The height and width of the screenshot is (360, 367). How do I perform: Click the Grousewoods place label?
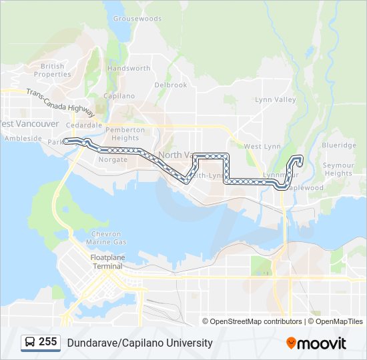137,19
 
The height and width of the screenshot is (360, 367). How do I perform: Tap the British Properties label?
53,70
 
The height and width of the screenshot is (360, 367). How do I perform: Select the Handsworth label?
129,69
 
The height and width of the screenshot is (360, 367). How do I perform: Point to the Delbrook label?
171,85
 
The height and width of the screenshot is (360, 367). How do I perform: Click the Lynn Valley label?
275,100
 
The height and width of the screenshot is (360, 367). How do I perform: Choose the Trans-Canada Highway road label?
61,100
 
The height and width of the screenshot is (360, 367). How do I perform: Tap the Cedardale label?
84,125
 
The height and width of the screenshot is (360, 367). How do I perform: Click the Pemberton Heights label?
125,133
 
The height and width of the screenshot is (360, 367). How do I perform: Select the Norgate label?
113,160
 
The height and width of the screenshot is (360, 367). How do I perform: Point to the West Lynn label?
262,146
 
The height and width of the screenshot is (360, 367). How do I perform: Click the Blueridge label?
339,145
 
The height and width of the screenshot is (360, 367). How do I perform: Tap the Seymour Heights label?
338,169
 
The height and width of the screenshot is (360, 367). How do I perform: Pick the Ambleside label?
23,139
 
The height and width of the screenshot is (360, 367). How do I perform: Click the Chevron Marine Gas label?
107,237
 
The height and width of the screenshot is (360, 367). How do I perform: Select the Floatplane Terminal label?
107,261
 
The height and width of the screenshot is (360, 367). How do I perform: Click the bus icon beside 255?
31,343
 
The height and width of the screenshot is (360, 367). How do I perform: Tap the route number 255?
47,342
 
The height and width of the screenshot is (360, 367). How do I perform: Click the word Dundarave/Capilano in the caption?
112,343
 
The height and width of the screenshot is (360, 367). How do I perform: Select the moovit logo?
316,343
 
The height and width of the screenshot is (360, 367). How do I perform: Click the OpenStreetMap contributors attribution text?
256,321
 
